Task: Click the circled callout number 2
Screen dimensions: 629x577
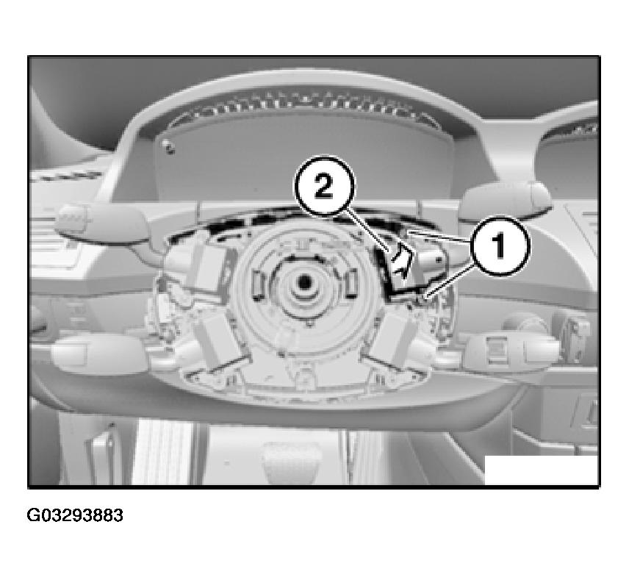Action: click(x=325, y=187)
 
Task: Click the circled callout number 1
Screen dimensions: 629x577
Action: click(x=500, y=246)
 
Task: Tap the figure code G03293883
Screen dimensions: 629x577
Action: click(x=75, y=515)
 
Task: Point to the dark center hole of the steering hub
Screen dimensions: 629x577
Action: click(x=303, y=282)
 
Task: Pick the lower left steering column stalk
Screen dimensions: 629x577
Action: click(x=98, y=353)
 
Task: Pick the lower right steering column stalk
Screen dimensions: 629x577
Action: click(x=511, y=353)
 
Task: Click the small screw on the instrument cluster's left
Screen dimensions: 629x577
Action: click(x=170, y=147)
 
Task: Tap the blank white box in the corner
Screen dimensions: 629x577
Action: click(x=541, y=470)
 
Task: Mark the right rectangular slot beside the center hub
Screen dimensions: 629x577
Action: click(x=351, y=283)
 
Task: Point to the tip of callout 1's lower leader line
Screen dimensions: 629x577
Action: click(x=426, y=297)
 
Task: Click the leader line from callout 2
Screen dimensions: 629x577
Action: click(x=368, y=232)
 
